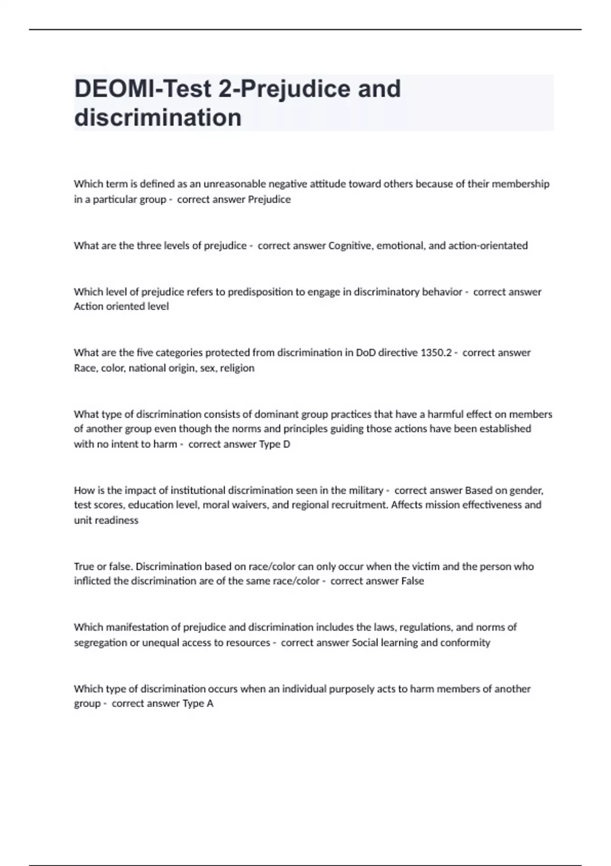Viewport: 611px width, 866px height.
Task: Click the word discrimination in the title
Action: click(158, 118)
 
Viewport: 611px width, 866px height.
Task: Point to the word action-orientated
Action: click(488, 246)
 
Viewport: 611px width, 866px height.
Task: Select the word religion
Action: click(237, 368)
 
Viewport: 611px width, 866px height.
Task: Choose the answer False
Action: click(412, 581)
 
